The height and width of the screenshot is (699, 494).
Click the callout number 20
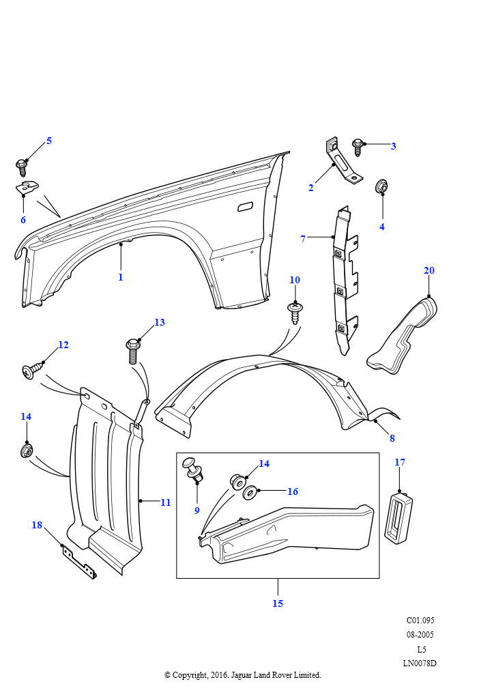click(428, 271)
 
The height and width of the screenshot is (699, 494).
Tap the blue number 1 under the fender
click(121, 277)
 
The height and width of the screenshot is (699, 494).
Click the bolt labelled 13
click(133, 351)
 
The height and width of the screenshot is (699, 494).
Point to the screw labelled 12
click(31, 372)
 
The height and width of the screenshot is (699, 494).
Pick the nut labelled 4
click(382, 186)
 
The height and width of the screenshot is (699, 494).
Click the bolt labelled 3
click(357, 145)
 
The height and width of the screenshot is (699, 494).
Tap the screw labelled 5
click(22, 166)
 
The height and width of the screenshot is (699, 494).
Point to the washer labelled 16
click(250, 492)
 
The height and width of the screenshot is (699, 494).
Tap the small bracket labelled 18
click(78, 560)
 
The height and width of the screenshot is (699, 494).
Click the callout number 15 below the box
click(278, 603)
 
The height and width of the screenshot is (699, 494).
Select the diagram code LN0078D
click(419, 663)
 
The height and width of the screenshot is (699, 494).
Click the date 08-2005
click(420, 635)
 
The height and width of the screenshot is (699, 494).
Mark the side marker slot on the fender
click(245, 206)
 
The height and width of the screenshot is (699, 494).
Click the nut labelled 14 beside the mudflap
click(27, 452)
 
